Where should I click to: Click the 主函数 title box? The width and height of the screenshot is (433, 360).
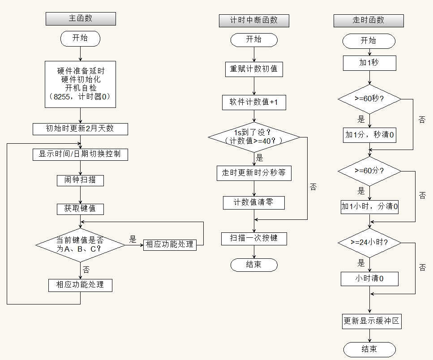(x=81, y=18)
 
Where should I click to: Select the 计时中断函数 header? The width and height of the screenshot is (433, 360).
(x=254, y=20)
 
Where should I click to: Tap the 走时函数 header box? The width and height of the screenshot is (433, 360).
(x=369, y=20)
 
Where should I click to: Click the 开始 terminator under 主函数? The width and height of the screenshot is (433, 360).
(x=80, y=39)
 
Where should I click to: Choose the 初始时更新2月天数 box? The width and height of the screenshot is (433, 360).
(x=80, y=129)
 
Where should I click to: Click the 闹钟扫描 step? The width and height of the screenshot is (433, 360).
(x=80, y=180)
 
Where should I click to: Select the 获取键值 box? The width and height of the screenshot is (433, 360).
(x=80, y=209)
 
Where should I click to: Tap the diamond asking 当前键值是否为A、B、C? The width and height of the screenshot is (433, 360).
(x=80, y=244)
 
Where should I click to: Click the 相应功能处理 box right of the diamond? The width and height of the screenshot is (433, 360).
(x=170, y=244)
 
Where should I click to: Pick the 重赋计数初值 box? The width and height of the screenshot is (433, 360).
(x=254, y=69)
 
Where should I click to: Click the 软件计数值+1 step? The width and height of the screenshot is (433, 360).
(x=254, y=103)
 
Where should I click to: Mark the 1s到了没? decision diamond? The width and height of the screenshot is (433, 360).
(x=254, y=137)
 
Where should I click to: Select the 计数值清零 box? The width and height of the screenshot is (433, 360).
(x=254, y=202)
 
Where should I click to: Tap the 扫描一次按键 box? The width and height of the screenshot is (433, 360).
(x=254, y=238)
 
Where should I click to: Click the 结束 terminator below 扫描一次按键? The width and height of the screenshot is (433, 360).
(x=254, y=265)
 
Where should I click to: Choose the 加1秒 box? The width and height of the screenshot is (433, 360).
(x=369, y=63)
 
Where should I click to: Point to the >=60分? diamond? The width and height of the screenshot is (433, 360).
(x=369, y=171)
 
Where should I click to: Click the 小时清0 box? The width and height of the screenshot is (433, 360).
(x=369, y=279)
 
